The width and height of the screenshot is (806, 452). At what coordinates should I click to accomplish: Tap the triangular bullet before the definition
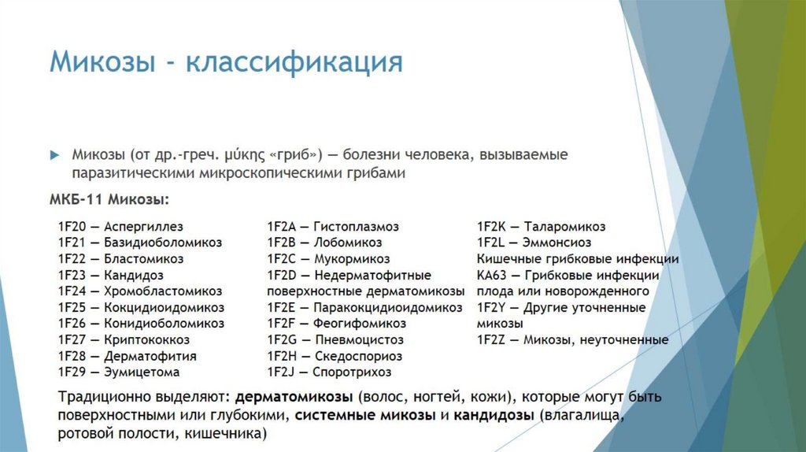click(x=54, y=155)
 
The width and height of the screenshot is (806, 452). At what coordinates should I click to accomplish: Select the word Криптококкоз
click(x=146, y=340)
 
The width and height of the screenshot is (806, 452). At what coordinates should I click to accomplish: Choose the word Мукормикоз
click(x=352, y=259)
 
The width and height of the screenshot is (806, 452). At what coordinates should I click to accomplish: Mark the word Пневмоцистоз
click(x=359, y=340)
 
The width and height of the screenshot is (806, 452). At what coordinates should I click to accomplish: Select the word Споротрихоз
click(x=352, y=372)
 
